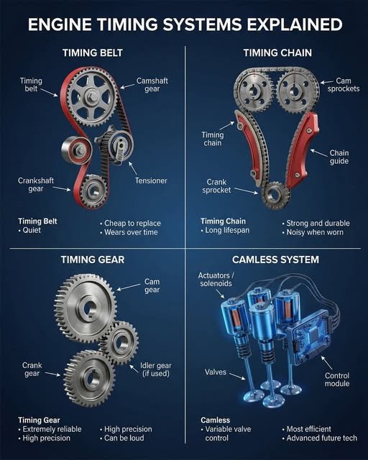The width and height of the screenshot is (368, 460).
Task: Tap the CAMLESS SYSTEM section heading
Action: point(276,259)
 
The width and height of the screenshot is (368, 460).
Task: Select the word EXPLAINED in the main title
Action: point(290,25)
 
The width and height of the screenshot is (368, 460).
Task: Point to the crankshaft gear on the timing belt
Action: point(93,190)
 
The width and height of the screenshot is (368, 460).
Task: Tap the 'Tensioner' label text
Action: point(151,180)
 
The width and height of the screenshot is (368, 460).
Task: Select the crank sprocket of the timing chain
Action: point(274,194)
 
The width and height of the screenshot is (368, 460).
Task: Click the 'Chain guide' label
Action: point(339,157)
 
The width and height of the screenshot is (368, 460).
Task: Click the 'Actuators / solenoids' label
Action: point(217,280)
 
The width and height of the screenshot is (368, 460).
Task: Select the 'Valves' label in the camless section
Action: point(216,372)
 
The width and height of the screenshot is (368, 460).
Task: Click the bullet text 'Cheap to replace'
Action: point(134,224)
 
